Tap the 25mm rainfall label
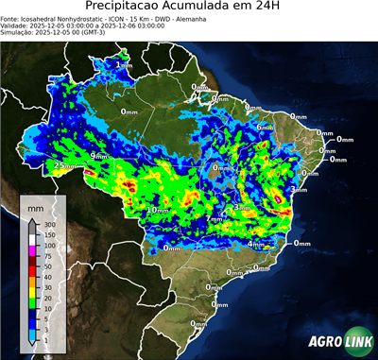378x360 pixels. click(x=64, y=166)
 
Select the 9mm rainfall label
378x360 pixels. click(x=99, y=156)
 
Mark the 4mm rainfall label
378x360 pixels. click(x=255, y=245)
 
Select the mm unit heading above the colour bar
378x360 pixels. click(x=35, y=205)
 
